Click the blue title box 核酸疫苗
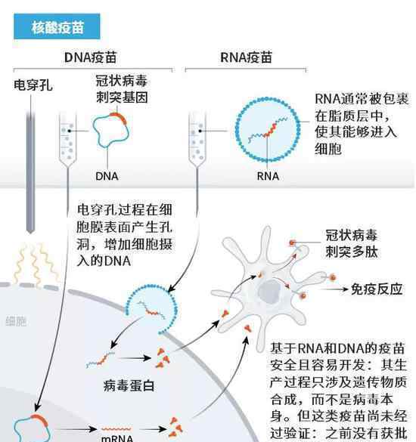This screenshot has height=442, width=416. (57, 26)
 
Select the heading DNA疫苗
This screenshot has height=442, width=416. (90, 57)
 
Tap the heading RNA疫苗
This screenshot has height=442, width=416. (246, 57)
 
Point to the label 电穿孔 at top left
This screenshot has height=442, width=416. (33, 85)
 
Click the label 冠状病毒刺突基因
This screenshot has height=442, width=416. (122, 89)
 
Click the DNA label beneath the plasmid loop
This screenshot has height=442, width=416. (107, 176)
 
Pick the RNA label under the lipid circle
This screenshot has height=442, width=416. (268, 176)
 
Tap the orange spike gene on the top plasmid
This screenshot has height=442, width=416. (119, 117)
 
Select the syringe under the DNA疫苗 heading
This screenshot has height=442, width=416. (68, 138)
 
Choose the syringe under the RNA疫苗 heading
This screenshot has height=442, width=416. (197, 138)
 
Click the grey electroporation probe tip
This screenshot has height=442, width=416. (30, 229)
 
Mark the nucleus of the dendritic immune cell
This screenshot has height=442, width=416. (270, 292)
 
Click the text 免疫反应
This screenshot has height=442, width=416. (377, 289)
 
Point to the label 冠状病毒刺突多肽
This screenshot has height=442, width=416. (352, 243)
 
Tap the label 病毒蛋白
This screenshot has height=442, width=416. (129, 385)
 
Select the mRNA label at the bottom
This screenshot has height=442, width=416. (117, 437)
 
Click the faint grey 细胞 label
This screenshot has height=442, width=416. (16, 321)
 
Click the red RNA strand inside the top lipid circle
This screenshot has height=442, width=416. (269, 131)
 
